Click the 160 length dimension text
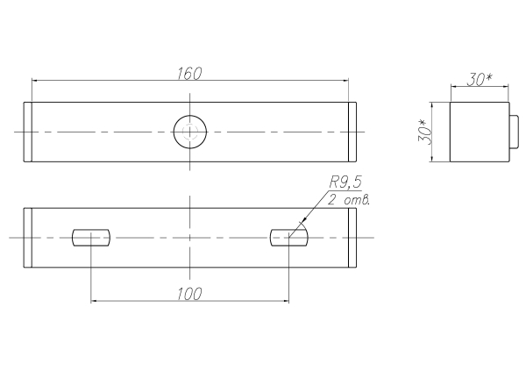[189, 74]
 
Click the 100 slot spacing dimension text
[189, 294]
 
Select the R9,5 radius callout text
[345, 182]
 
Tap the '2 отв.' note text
[349, 200]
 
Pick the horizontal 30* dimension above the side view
[480, 80]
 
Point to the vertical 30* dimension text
[425, 132]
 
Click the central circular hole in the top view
[190, 132]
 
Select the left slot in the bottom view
[91, 238]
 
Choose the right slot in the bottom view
[288, 238]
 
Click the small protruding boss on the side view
[515, 132]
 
